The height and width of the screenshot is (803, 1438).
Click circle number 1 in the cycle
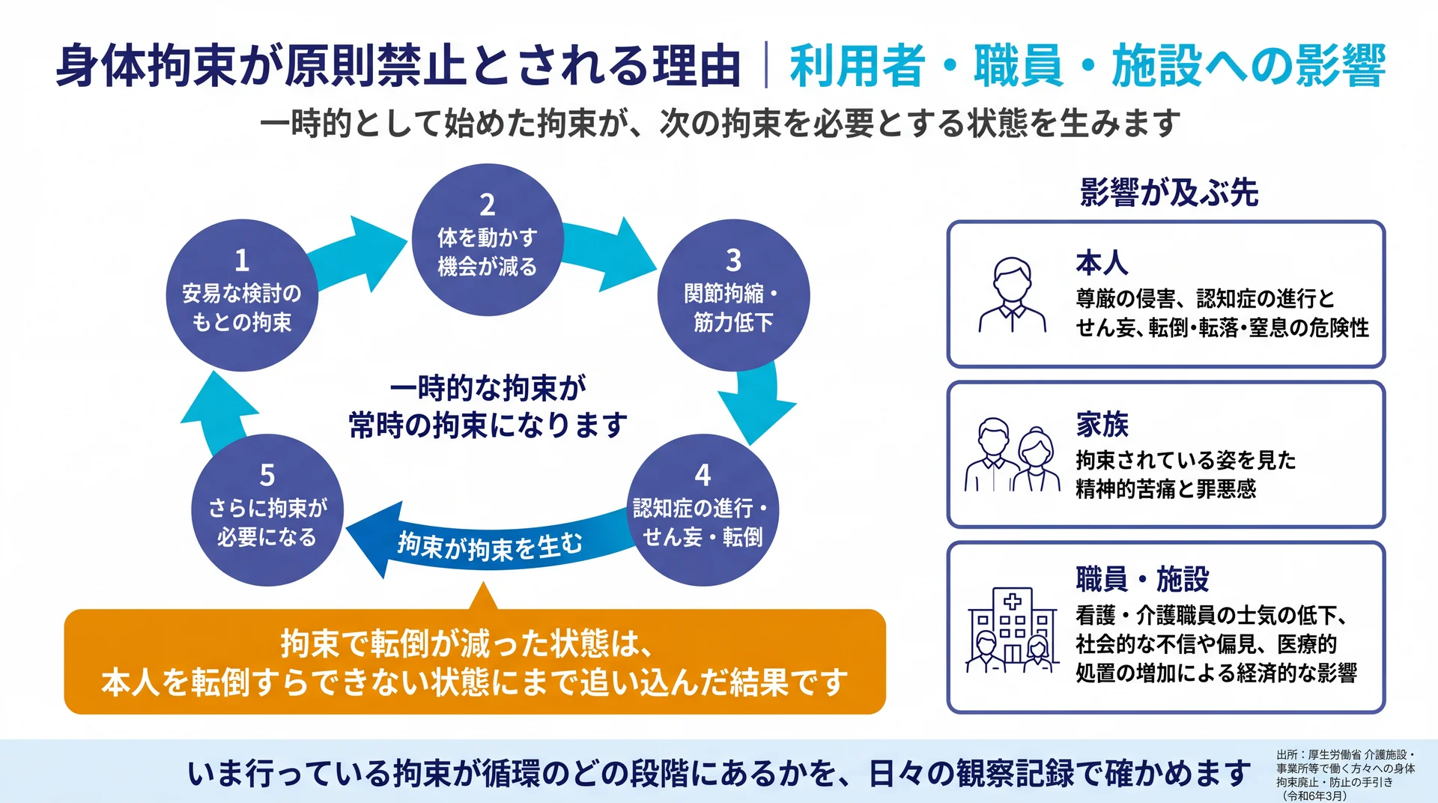click(x=242, y=295)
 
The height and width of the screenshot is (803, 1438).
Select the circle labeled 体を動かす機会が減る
click(x=488, y=240)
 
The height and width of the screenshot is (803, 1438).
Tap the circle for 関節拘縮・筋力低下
click(x=733, y=295)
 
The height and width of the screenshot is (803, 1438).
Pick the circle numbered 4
click(x=703, y=510)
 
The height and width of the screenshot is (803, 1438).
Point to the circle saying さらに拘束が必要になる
click(x=267, y=510)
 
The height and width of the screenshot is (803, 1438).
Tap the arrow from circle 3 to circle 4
click(x=758, y=401)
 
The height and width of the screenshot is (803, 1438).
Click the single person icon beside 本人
click(x=1012, y=295)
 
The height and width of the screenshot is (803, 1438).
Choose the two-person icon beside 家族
click(x=1012, y=455)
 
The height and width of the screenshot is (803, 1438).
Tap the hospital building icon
click(x=1012, y=630)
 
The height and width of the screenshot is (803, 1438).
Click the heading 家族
click(x=1102, y=424)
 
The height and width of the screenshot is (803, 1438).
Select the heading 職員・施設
click(x=1142, y=579)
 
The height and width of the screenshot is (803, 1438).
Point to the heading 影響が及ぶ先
click(x=1168, y=193)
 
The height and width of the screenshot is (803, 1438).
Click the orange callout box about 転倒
click(x=475, y=661)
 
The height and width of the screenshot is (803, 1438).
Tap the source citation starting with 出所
click(x=1346, y=775)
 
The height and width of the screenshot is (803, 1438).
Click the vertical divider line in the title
click(x=766, y=66)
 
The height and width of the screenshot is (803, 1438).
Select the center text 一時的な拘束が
click(x=488, y=388)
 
